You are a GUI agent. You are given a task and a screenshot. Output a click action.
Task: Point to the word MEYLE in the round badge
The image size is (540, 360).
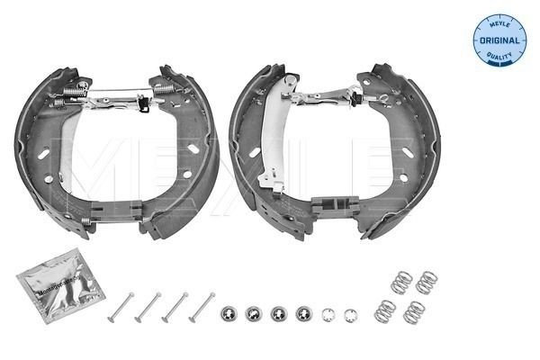click(499, 23)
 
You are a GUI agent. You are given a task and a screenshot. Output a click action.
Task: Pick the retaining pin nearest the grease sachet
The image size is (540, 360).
click(120, 307)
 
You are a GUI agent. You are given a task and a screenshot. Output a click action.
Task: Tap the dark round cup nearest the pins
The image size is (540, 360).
click(229, 315)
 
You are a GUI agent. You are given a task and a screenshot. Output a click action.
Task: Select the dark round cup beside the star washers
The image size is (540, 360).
click(303, 315)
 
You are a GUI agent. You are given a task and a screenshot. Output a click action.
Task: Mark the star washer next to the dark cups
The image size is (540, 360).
click(328, 315)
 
